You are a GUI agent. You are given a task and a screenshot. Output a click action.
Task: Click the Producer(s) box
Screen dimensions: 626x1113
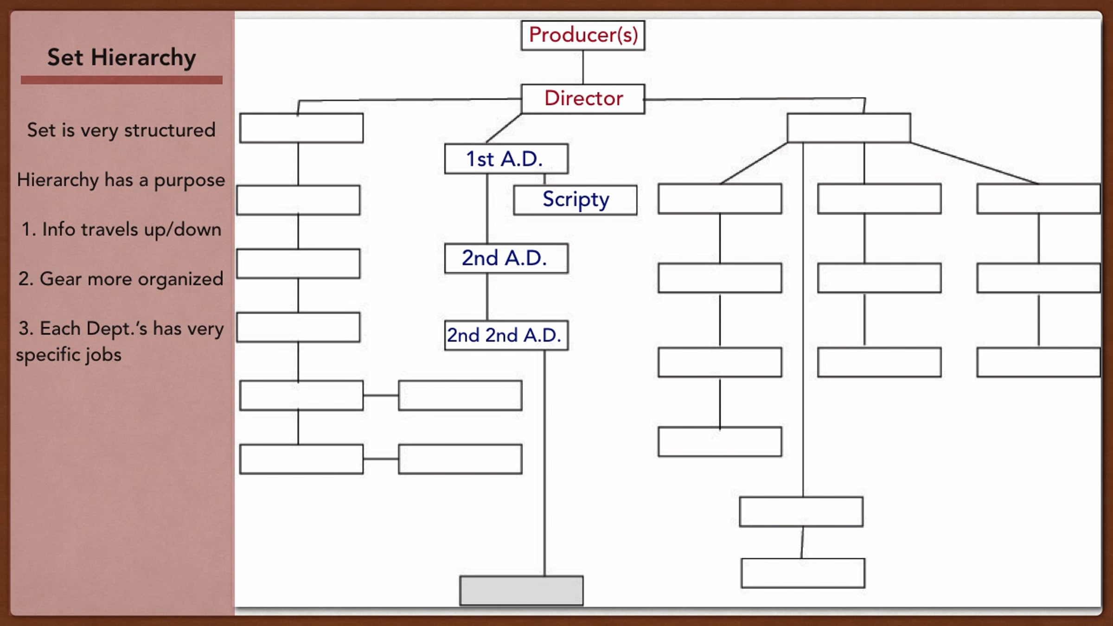pyautogui.click(x=583, y=35)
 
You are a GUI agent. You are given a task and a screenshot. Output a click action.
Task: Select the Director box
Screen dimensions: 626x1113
pyautogui.click(x=583, y=99)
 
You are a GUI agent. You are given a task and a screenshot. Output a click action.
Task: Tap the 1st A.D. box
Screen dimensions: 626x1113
pyautogui.click(x=506, y=159)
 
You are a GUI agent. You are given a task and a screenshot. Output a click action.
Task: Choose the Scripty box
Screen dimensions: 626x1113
pyautogui.click(x=575, y=200)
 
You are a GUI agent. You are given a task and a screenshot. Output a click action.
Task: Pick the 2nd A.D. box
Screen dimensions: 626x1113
pyautogui.click(x=506, y=258)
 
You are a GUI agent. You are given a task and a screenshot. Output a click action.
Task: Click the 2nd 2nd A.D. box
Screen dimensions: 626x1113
pyautogui.click(x=506, y=335)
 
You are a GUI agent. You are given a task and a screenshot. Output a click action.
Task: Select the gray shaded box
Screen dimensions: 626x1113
pyautogui.click(x=521, y=590)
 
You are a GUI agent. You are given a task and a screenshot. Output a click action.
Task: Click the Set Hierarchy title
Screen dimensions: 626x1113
pyautogui.click(x=122, y=58)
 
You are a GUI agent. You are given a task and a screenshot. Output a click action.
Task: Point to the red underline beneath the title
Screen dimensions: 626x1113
pyautogui.click(x=122, y=80)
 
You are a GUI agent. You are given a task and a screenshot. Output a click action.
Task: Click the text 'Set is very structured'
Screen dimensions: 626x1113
pyautogui.click(x=122, y=130)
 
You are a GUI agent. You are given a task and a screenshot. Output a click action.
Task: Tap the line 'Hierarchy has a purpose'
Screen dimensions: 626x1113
pyautogui.click(x=121, y=180)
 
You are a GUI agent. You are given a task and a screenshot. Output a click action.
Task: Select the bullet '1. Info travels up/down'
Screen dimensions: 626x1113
pyautogui.click(x=122, y=230)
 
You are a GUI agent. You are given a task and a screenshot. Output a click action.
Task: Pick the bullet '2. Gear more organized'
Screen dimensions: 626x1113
pyautogui.click(x=121, y=279)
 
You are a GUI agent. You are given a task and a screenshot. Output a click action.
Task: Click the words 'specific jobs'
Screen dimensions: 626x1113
pyautogui.click(x=69, y=355)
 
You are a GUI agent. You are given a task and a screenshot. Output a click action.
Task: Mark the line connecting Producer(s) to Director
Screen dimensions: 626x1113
pyautogui.click(x=583, y=67)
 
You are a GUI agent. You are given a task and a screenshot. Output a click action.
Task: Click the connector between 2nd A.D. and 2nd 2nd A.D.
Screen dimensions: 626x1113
pyautogui.click(x=487, y=297)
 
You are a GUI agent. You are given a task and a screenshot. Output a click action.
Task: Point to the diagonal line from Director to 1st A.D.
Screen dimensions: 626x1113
pyautogui.click(x=504, y=128)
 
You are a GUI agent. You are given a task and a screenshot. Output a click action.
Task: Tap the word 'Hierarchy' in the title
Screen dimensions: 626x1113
pyautogui.click(x=143, y=58)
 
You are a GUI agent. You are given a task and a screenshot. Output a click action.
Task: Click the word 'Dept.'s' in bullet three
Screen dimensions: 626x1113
pyautogui.click(x=117, y=329)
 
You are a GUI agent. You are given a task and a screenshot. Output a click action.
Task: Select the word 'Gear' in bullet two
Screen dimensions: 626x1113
pyautogui.click(x=61, y=279)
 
